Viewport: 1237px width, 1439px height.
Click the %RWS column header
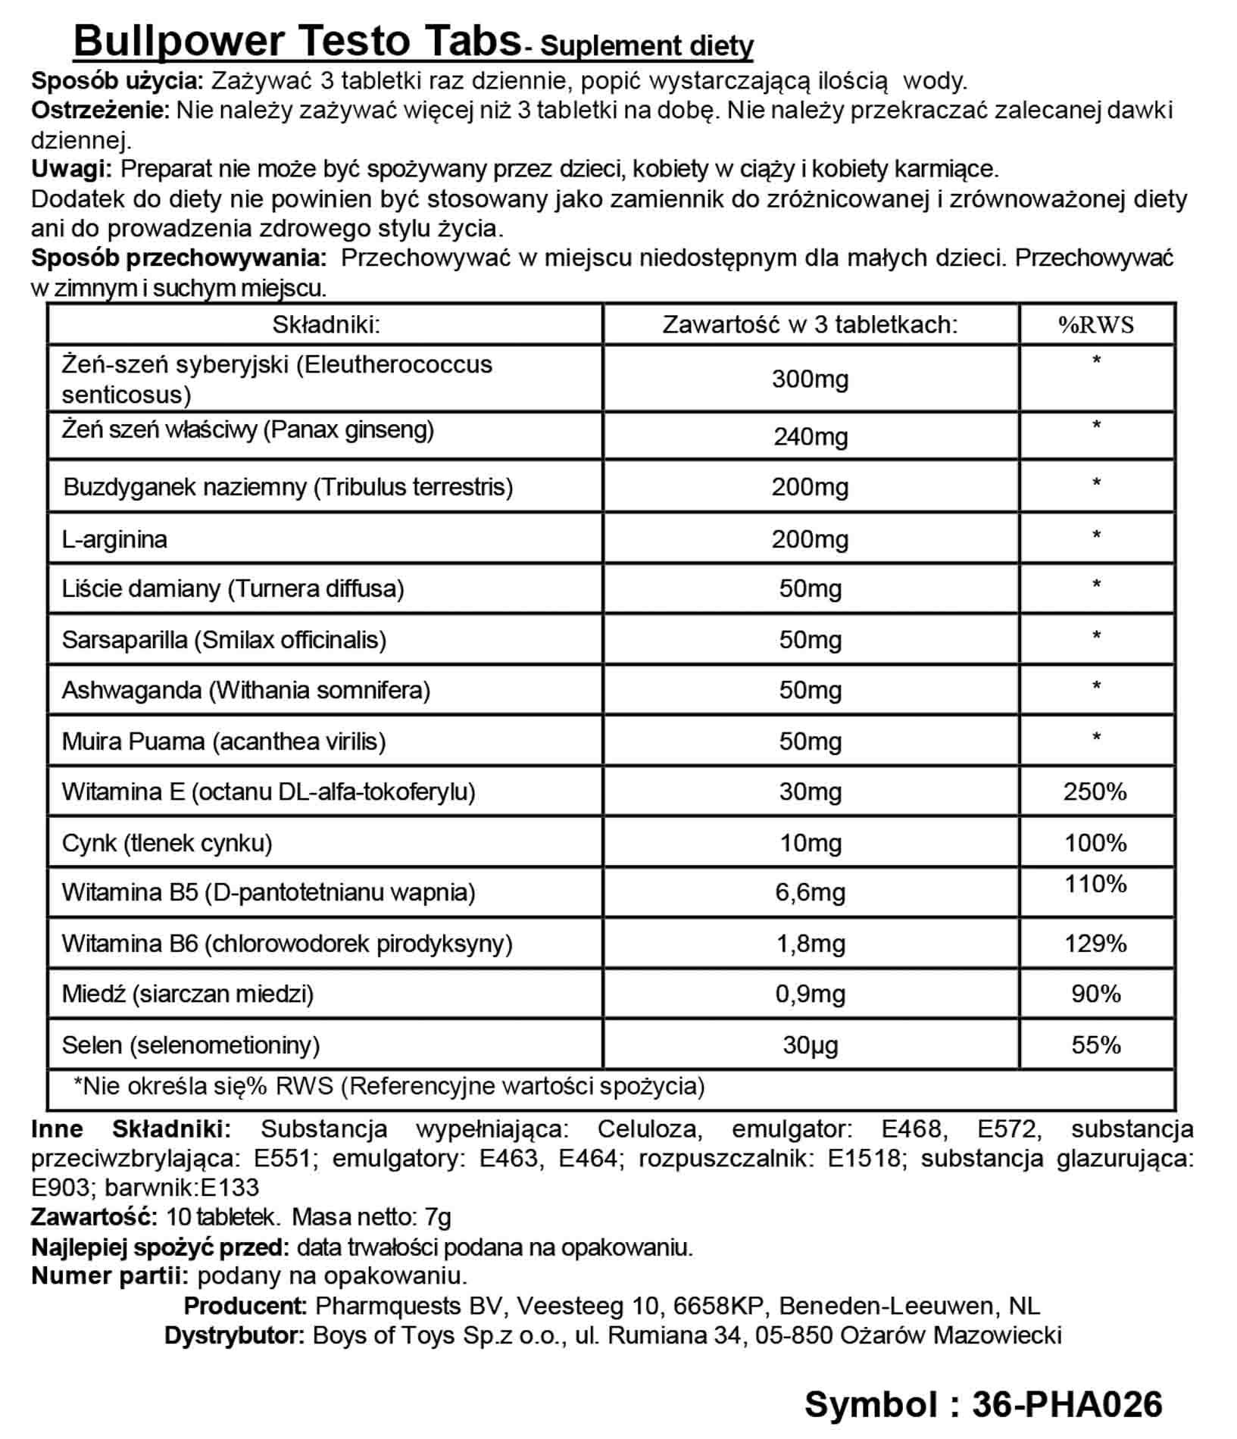tap(1095, 325)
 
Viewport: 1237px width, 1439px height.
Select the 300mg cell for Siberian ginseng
tap(810, 379)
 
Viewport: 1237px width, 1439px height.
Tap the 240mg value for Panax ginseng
tap(810, 437)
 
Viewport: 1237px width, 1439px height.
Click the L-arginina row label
tap(114, 539)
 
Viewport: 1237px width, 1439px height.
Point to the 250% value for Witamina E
tap(1095, 791)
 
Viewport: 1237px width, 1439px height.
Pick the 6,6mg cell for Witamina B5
tap(810, 892)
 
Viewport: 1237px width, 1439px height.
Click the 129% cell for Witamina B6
tap(1095, 943)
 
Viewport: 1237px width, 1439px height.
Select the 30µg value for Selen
tap(810, 1045)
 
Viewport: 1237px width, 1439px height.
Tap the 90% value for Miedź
tap(1095, 994)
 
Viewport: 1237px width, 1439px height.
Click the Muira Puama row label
tap(223, 741)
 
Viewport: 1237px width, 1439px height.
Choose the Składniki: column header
tap(326, 325)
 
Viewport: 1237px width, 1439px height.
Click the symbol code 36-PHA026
tap(1067, 1403)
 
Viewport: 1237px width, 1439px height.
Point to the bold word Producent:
tap(245, 1306)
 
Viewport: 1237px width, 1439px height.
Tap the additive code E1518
tap(867, 1158)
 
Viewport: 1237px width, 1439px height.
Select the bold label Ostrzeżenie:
tap(101, 111)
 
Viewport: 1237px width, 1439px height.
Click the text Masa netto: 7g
tap(371, 1217)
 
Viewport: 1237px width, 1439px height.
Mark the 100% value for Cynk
tap(1095, 842)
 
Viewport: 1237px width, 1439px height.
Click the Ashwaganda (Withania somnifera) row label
tap(245, 690)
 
